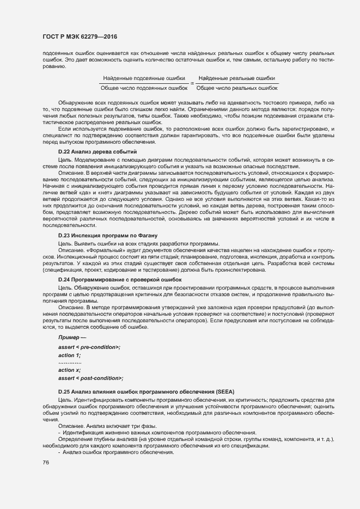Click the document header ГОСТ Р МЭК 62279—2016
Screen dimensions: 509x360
(80, 37)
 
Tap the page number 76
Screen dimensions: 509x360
(46, 462)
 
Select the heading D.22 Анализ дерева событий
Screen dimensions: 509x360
(97, 151)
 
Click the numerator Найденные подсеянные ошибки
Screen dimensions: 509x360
(144, 78)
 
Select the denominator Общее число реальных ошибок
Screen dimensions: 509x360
(237, 87)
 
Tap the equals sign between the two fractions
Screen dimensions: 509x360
(192, 83)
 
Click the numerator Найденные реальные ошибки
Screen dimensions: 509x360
(237, 78)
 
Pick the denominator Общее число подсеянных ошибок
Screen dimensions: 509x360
(144, 87)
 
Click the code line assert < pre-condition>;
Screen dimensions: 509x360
(89, 347)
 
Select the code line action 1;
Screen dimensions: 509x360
(69, 355)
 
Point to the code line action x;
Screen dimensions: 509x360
(69, 370)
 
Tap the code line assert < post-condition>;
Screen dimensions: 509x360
(90, 378)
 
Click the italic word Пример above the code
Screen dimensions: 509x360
(69, 339)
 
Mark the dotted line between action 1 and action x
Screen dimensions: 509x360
(70, 363)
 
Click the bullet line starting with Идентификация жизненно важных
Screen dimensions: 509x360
(144, 432)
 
